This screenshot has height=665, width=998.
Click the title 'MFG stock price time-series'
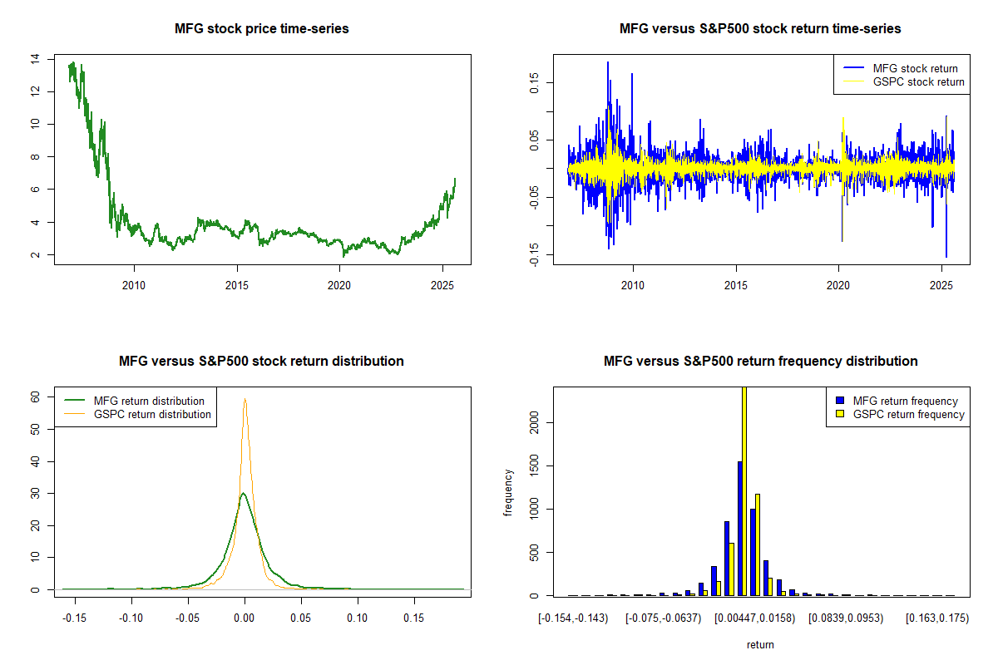pyautogui.click(x=261, y=29)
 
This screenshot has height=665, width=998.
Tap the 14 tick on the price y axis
pyautogui.click(x=34, y=59)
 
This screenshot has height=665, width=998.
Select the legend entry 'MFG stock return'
pyautogui.click(x=915, y=68)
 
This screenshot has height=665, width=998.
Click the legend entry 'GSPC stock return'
pyautogui.click(x=918, y=81)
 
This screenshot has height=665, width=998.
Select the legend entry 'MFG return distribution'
pyautogui.click(x=149, y=401)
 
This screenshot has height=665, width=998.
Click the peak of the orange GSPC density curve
pyautogui.click(x=245, y=398)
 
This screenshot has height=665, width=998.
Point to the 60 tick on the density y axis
pyautogui.click(x=34, y=397)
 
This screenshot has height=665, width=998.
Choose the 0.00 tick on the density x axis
pyautogui.click(x=244, y=618)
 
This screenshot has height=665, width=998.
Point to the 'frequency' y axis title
pyautogui.click(x=508, y=491)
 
